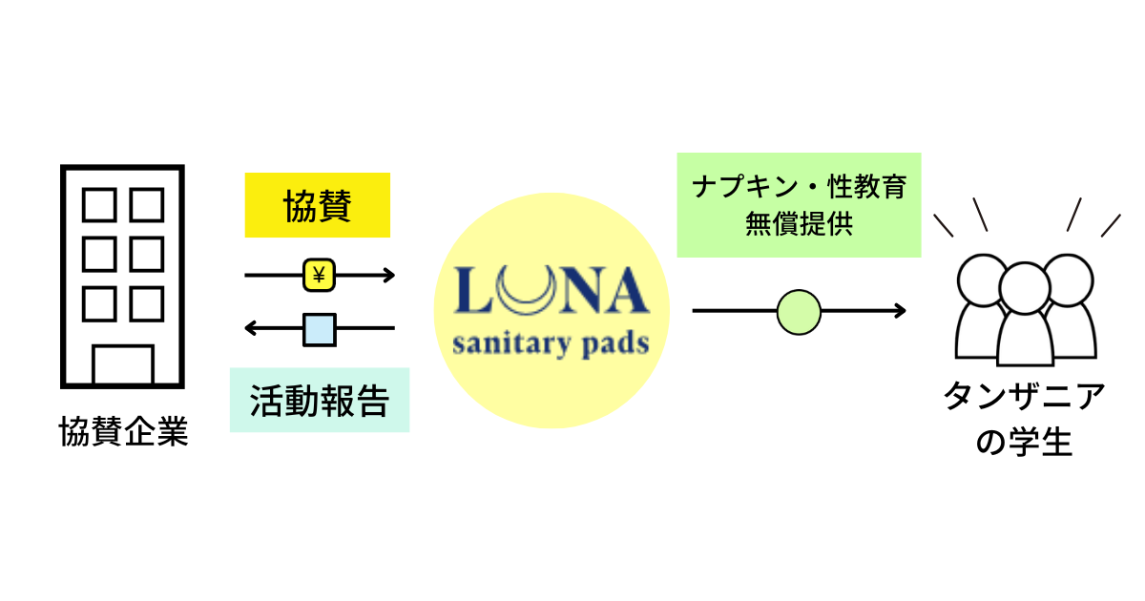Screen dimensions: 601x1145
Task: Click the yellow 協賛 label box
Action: pyautogui.click(x=318, y=205)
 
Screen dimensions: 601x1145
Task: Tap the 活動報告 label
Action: pyautogui.click(x=320, y=401)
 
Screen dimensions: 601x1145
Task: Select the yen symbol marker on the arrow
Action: pyautogui.click(x=319, y=276)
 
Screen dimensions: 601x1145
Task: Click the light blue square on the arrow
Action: pyautogui.click(x=320, y=329)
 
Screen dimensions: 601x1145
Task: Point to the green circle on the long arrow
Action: pyautogui.click(x=799, y=311)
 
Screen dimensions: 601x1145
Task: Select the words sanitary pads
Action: pyautogui.click(x=551, y=342)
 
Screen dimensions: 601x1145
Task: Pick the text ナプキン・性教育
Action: pyautogui.click(x=799, y=187)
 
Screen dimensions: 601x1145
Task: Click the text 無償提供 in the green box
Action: pyautogui.click(x=799, y=226)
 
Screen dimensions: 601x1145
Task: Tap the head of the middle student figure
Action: pyautogui.click(x=1025, y=284)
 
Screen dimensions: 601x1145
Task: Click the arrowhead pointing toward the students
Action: pyautogui.click(x=899, y=311)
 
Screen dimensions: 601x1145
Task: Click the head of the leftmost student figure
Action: pyautogui.click(x=981, y=277)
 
